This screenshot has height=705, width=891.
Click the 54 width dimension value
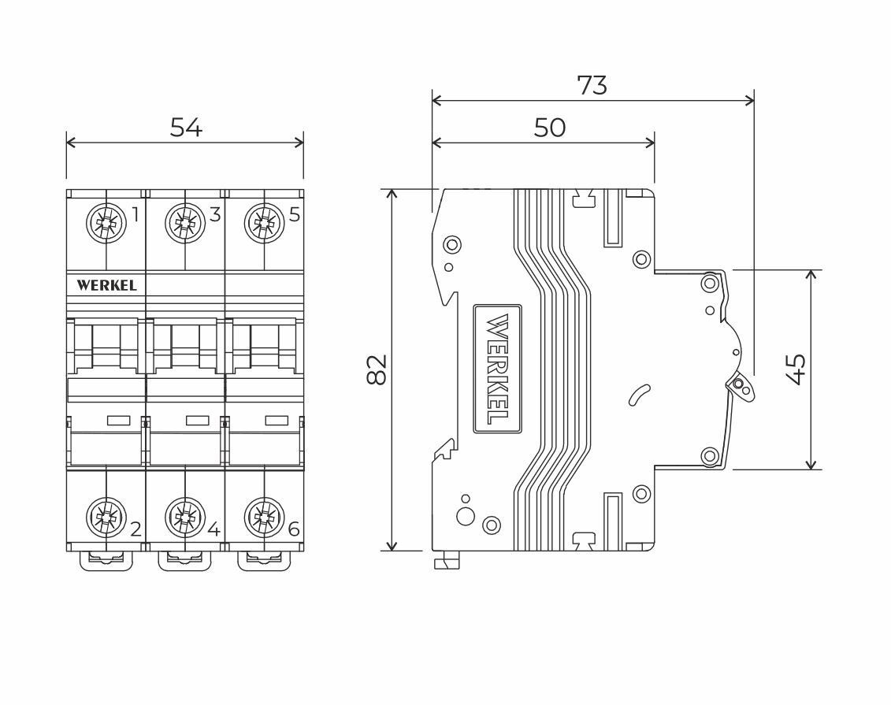point(186,128)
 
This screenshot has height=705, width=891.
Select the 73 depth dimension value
point(592,85)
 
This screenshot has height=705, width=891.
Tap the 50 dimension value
point(549,128)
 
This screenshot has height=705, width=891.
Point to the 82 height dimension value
point(377,369)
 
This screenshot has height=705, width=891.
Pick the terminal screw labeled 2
point(106,518)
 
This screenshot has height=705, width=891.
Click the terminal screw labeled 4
point(185,518)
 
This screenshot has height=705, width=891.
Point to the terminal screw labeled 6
point(264,518)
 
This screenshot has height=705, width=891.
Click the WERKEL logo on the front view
point(107,285)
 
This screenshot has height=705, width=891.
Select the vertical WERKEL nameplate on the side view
point(497,369)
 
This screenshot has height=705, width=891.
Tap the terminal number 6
point(294,529)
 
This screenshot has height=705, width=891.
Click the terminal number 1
point(136,215)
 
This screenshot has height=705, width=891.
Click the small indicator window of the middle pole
point(198,421)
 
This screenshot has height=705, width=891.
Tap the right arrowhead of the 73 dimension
point(749,101)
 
